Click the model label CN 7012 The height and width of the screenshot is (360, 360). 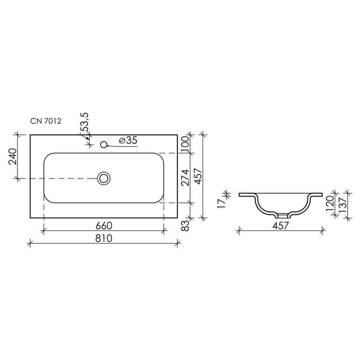click(46, 121)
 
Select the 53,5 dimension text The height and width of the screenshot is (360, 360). click(85, 122)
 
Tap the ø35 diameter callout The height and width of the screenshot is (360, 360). click(128, 140)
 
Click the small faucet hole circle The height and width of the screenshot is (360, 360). click(104, 144)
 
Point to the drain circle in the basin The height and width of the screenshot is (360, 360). click(104, 179)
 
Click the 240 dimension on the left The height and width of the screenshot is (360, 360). click(13, 157)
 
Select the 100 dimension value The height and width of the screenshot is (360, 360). click(185, 144)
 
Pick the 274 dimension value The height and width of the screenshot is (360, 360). click(185, 177)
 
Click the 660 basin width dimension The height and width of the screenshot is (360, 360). click(104, 226)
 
